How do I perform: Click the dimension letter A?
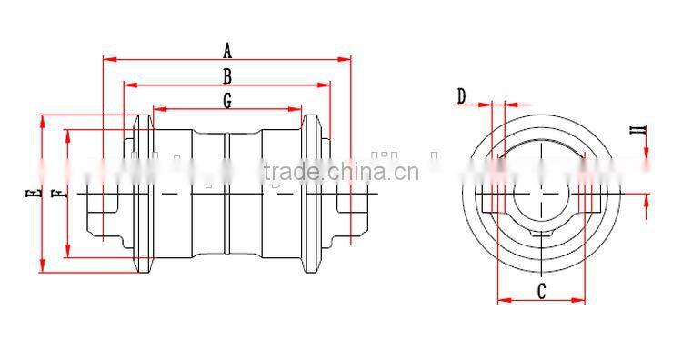click(227, 50)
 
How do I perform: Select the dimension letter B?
click(227, 76)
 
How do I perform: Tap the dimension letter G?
click(227, 100)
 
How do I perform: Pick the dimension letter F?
click(60, 194)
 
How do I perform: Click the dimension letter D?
click(461, 96)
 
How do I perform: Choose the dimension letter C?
click(541, 291)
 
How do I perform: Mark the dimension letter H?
click(638, 130)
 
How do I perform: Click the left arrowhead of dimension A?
click(110, 59)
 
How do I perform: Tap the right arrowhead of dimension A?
click(344, 59)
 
